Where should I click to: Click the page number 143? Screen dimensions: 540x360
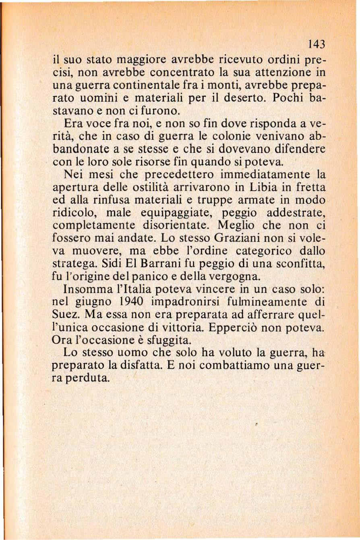point(316,43)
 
